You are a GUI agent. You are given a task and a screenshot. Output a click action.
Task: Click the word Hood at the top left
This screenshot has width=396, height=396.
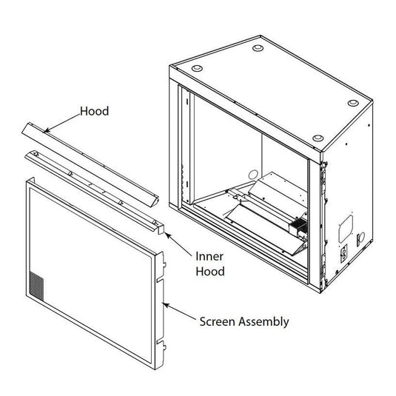click(x=94, y=112)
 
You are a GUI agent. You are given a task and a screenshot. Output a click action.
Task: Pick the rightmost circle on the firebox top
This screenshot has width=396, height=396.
click(x=318, y=138)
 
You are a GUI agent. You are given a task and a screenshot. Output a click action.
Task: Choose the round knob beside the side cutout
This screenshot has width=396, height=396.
click(x=360, y=238)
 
